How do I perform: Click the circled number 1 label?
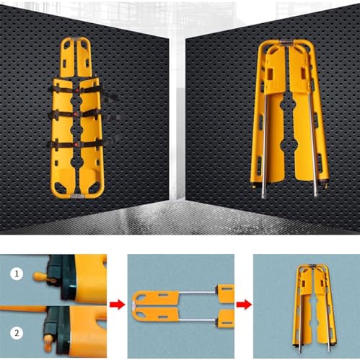(17, 274)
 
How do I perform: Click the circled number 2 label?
(17, 334)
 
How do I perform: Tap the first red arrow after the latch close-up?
(118, 305)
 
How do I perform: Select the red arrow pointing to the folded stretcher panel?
(244, 305)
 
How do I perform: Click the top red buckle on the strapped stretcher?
(77, 90)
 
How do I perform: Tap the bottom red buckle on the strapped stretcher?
(76, 144)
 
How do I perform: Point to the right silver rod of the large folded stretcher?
(313, 144)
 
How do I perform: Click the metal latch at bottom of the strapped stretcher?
(77, 196)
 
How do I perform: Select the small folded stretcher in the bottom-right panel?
(314, 308)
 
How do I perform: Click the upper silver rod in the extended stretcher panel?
(197, 292)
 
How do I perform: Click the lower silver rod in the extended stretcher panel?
(197, 320)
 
